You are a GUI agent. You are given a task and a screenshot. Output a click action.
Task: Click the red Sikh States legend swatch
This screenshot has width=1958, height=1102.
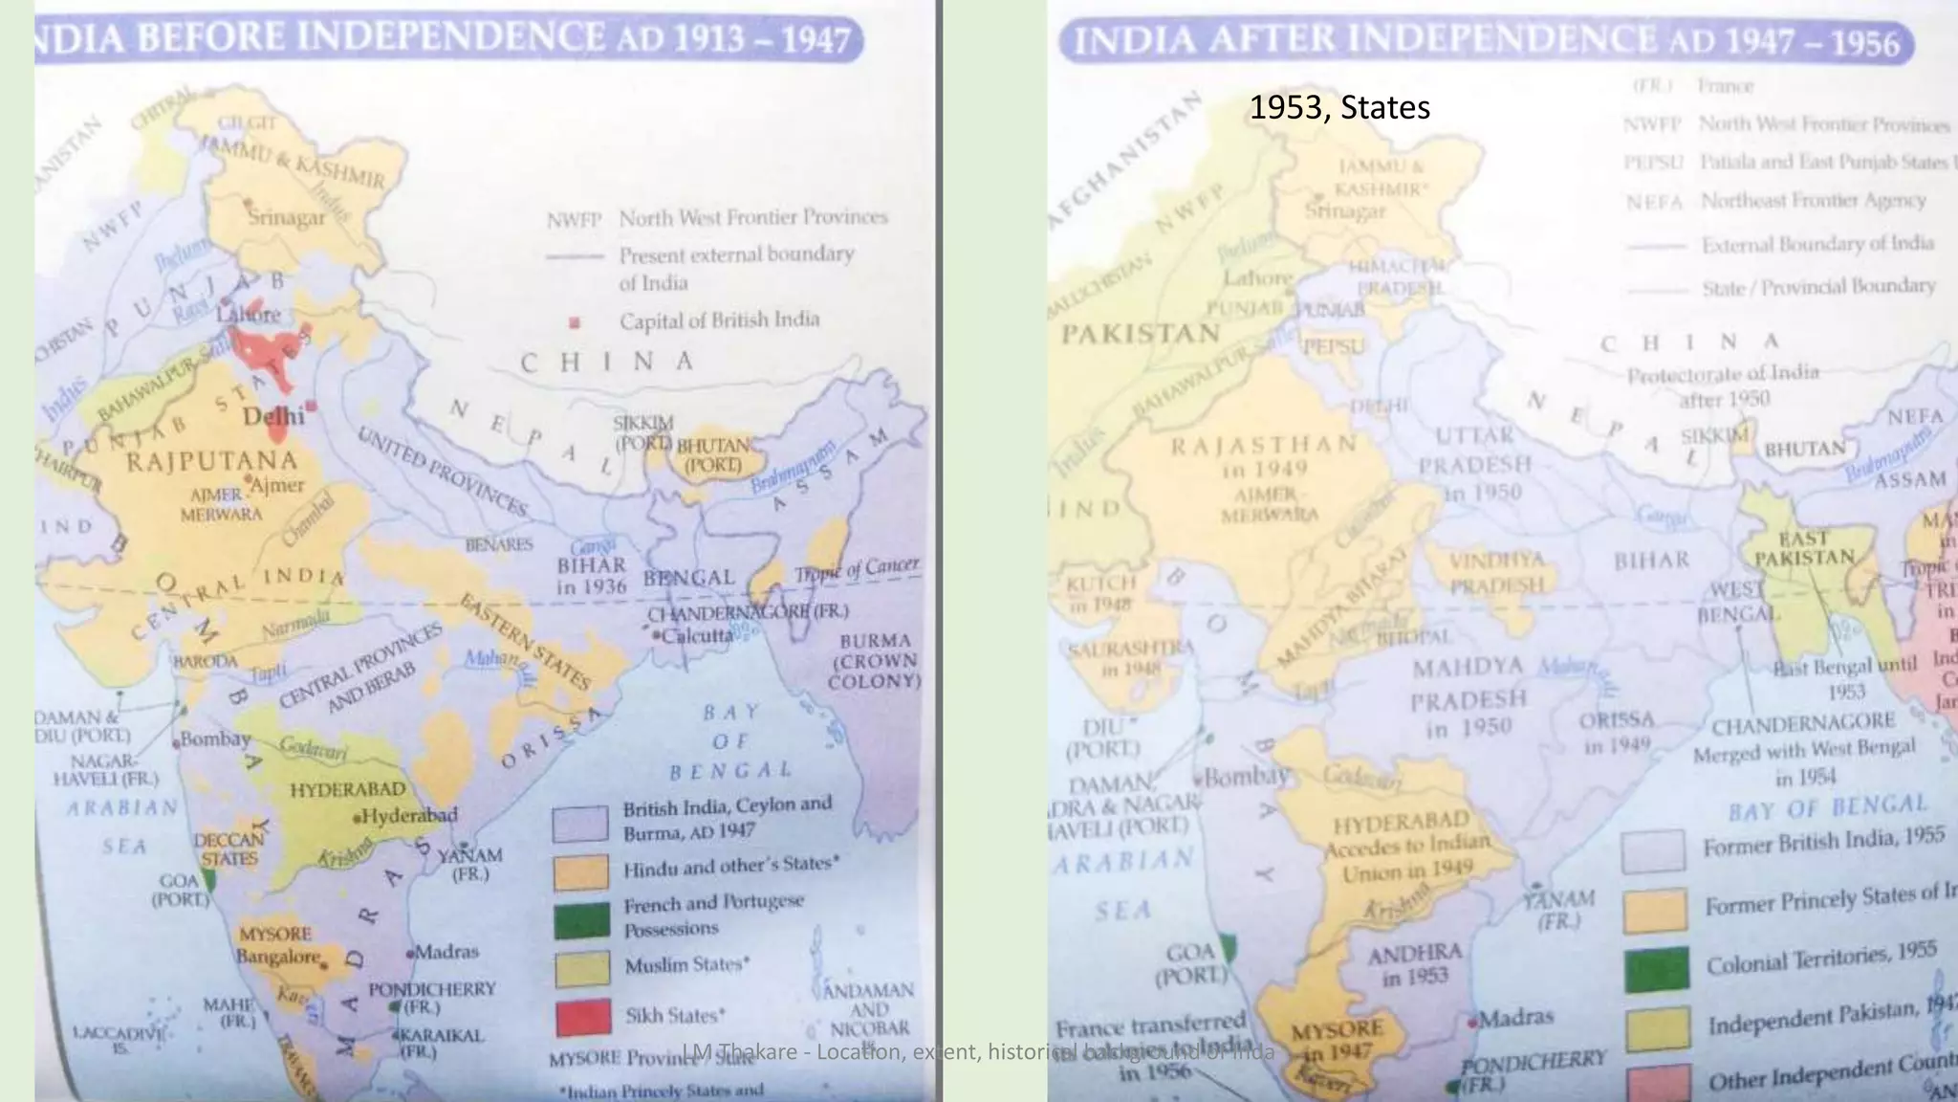point(582,1016)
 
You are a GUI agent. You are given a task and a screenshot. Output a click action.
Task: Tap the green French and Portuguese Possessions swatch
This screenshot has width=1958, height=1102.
point(581,919)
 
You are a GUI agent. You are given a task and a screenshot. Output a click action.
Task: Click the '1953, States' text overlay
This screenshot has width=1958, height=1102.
point(1339,107)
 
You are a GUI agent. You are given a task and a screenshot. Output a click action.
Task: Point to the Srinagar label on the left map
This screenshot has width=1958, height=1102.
point(286,217)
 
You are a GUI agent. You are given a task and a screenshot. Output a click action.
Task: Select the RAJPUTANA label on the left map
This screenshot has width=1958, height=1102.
point(212,461)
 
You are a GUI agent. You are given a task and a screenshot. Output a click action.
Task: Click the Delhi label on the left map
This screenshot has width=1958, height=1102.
point(273,416)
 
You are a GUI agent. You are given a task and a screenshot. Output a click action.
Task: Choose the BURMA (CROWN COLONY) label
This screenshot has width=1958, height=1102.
point(875,661)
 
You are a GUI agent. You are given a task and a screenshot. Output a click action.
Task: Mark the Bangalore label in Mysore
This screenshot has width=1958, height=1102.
point(278,957)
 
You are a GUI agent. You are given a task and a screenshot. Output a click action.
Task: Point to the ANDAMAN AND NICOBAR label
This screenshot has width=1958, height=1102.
point(868,1009)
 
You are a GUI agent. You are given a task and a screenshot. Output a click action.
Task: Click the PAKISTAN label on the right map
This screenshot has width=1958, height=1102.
point(1141,334)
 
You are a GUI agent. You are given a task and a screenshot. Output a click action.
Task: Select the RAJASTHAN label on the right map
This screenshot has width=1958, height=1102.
point(1264,445)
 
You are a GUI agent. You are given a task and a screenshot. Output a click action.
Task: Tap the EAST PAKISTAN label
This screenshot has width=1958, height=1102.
point(1804,547)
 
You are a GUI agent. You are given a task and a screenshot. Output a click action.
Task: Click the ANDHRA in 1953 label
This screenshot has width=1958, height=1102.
point(1414,964)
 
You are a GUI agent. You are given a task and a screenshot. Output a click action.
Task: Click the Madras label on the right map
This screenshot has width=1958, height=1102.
point(1515,1017)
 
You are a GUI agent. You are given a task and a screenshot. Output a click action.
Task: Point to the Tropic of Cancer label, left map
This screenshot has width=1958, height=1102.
point(857,570)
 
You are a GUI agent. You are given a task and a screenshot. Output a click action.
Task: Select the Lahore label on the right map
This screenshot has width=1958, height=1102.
point(1258,277)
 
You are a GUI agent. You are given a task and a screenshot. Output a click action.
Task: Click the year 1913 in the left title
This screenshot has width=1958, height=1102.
point(710,38)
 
